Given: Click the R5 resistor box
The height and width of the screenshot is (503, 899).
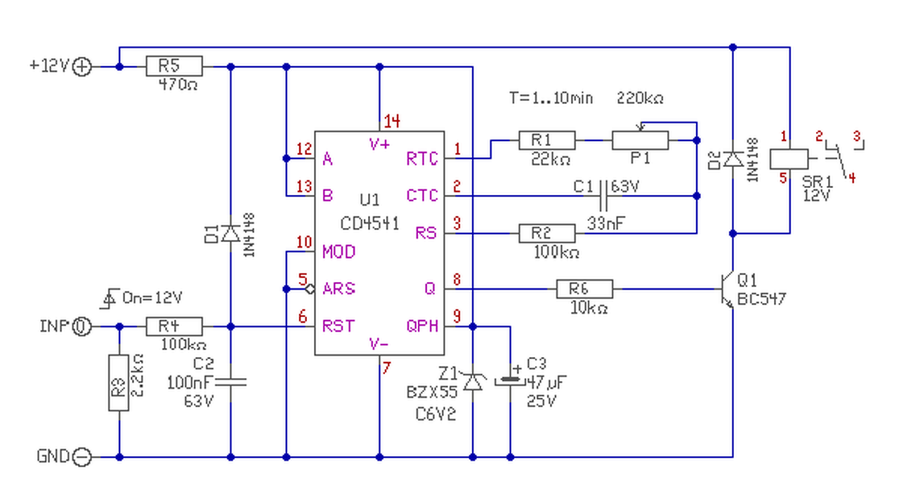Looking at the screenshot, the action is [174, 66].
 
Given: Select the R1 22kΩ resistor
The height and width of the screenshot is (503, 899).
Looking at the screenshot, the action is [546, 140].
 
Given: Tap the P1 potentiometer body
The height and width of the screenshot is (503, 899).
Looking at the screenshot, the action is [640, 140].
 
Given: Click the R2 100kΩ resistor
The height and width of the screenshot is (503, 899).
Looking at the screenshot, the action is [546, 234].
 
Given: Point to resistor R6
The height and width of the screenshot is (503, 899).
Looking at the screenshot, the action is [584, 289].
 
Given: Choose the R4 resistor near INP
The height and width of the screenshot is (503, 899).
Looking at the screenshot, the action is [174, 327].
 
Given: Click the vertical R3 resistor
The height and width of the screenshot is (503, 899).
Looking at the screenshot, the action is [119, 383].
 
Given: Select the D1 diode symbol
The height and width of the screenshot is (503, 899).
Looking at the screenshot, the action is [231, 234].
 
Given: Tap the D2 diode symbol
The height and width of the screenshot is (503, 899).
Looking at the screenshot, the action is [733, 159].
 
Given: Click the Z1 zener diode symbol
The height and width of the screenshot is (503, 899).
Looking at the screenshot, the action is [473, 382].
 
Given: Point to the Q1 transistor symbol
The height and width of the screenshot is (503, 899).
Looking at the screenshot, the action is [727, 289].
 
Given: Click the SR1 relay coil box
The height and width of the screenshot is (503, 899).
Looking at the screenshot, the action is [789, 159].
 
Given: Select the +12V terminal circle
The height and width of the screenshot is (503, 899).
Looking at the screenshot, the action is [82, 67].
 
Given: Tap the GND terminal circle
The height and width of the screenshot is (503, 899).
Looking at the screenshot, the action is [82, 457].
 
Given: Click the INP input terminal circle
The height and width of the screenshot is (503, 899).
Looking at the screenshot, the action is [82, 327].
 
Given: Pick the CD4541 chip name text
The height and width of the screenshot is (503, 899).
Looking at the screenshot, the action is [369, 224].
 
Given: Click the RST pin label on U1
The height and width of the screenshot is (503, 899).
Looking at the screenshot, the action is [339, 326].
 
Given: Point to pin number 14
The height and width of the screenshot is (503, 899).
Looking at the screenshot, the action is [392, 121].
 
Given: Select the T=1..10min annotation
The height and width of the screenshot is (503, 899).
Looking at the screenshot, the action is [551, 98].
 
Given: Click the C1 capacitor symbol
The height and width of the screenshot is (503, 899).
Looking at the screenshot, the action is [603, 196].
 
